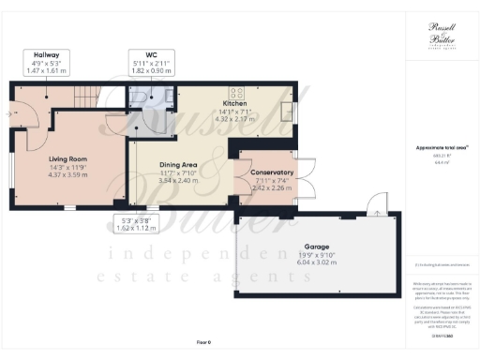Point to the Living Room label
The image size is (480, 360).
[x=67, y=159]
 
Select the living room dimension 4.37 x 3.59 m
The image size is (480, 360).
[x=67, y=175]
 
